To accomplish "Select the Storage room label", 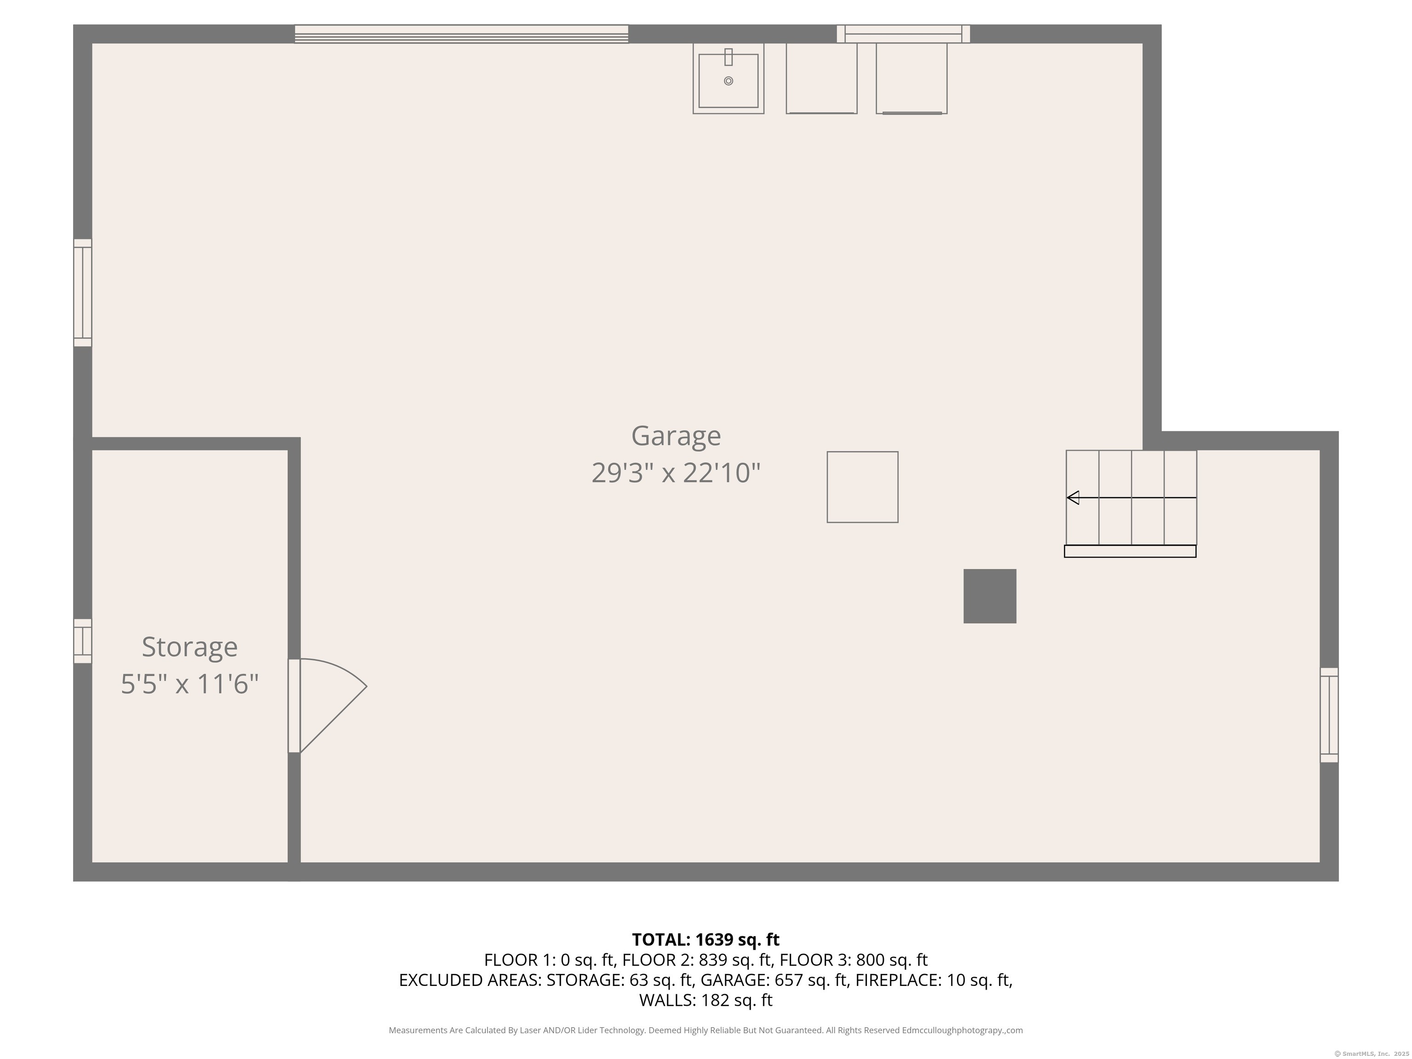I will click(x=189, y=647).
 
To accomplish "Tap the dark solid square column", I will click(x=990, y=596).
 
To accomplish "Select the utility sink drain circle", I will click(x=729, y=81).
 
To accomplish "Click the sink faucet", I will click(x=729, y=57).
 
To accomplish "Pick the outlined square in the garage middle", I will click(x=862, y=487).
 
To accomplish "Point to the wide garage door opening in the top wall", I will click(x=461, y=34).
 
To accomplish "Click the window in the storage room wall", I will click(x=82, y=641).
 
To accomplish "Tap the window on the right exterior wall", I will click(x=1328, y=715).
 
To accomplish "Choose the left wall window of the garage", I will click(x=82, y=293).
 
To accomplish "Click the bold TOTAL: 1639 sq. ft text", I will click(x=706, y=939).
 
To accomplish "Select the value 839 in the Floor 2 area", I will click(x=712, y=960).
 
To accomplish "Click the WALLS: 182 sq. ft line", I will click(x=706, y=1000).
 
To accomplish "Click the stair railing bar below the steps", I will click(x=1130, y=551).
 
